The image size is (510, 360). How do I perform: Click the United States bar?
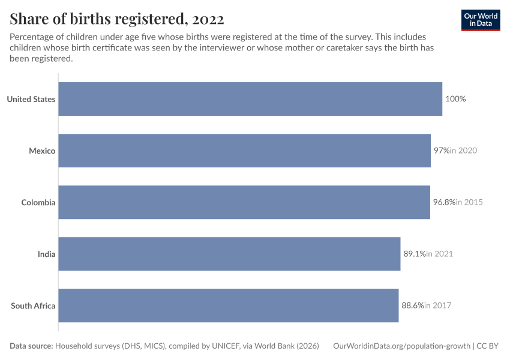(250, 99)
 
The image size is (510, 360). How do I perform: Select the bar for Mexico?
(245, 151)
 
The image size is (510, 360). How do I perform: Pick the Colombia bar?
(244, 202)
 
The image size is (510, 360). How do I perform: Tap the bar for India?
(229, 254)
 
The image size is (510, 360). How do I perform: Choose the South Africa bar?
(229, 305)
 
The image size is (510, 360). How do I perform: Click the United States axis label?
(31, 99)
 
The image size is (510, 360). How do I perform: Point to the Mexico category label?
(42, 151)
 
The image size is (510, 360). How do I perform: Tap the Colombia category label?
(38, 203)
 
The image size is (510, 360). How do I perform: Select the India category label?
(47, 254)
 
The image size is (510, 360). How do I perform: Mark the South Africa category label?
(33, 306)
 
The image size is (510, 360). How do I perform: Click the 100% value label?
(455, 99)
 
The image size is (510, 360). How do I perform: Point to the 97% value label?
(442, 151)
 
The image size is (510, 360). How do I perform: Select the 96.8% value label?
(444, 202)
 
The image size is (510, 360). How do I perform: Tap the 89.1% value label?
(415, 254)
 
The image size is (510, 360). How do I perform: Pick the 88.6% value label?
(413, 305)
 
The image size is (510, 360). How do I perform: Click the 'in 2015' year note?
(469, 202)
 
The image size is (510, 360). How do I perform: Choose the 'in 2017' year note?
(438, 305)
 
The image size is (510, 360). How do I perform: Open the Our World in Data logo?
(481, 20)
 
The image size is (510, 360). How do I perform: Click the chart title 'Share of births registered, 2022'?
(117, 19)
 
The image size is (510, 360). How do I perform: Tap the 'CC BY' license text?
(487, 346)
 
